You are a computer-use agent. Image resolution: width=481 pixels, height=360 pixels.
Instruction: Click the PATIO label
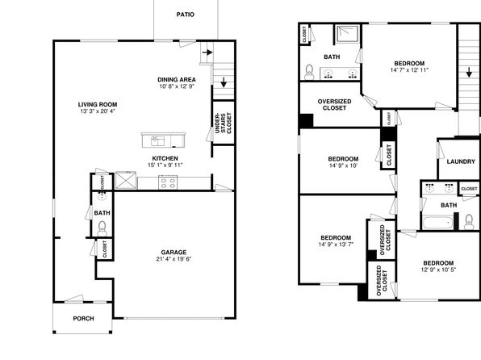pyautogui.click(x=186, y=15)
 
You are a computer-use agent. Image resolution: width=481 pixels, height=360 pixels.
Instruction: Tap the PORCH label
pyautogui.click(x=83, y=319)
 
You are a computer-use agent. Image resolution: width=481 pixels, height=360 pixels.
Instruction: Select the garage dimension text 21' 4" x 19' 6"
pyautogui.click(x=174, y=259)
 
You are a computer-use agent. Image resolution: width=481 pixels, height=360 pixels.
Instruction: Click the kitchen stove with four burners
pyautogui.click(x=168, y=183)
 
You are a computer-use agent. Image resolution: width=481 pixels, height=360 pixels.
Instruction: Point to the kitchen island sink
pyautogui.click(x=157, y=141)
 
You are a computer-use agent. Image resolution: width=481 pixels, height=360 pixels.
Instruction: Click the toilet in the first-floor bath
pyautogui.click(x=102, y=228)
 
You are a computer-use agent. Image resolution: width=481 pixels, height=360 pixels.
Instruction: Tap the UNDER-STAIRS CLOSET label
pyautogui.click(x=224, y=123)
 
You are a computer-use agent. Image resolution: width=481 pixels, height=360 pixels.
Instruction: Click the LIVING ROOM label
pyautogui.click(x=98, y=104)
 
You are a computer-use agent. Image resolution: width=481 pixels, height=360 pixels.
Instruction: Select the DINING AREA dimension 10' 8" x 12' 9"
pyautogui.click(x=177, y=86)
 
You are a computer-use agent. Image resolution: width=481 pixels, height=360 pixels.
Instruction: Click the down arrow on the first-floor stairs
pyautogui.click(x=224, y=82)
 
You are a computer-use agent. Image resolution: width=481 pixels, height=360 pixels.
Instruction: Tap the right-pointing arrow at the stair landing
pyautogui.click(x=207, y=52)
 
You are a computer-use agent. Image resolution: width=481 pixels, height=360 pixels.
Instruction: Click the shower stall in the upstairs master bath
pyautogui.click(x=348, y=35)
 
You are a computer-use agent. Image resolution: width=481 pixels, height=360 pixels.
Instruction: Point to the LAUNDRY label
pyautogui.click(x=461, y=161)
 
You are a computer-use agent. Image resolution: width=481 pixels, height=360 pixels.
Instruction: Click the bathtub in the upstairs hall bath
pyautogui.click(x=437, y=223)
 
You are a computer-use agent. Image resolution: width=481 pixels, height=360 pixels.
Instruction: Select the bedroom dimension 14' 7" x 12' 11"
pyautogui.click(x=409, y=70)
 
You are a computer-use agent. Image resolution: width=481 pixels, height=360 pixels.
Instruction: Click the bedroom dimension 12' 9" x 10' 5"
pyautogui.click(x=438, y=270)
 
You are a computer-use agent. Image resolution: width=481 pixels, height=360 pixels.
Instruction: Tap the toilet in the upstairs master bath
pyautogui.click(x=309, y=72)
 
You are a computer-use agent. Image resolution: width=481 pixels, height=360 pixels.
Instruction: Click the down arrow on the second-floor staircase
pyautogui.click(x=469, y=73)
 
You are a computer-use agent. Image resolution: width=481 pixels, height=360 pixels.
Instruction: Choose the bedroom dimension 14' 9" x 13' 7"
pyautogui.click(x=336, y=245)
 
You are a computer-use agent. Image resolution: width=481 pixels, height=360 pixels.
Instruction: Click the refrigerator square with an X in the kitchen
pyautogui.click(x=126, y=180)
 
